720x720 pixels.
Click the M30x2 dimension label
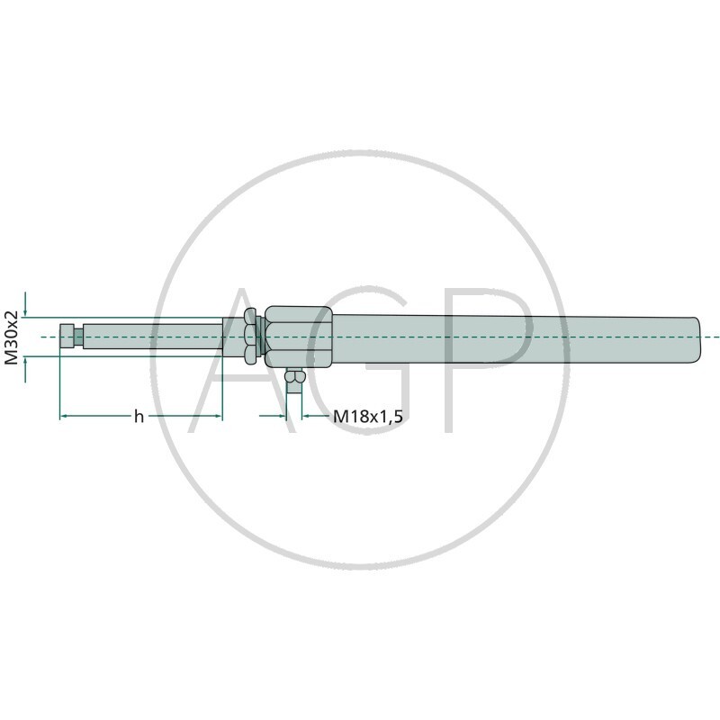coord(12,337)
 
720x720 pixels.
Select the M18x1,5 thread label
coord(367,417)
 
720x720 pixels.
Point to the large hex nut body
coord(299,337)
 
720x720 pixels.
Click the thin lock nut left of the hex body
coord(259,337)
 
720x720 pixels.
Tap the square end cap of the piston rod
coord(67,336)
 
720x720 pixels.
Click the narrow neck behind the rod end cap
coord(79,336)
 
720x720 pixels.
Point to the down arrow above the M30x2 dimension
coord(25,310)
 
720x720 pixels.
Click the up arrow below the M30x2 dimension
coord(25,363)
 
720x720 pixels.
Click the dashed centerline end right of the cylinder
coord(715,337)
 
